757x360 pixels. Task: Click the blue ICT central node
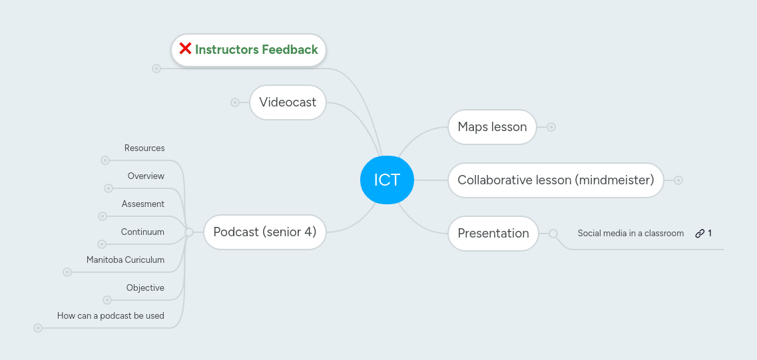pos(387,180)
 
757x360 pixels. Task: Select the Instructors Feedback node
pos(256,50)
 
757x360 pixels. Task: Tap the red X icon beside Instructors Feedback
pos(185,49)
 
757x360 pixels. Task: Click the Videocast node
pos(288,102)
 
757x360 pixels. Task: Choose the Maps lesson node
pos(492,127)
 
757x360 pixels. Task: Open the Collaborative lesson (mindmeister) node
pos(555,180)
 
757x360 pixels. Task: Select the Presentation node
pos(493,234)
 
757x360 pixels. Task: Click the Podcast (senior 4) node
pos(264,232)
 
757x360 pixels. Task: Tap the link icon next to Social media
pos(700,234)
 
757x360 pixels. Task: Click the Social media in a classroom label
pos(631,234)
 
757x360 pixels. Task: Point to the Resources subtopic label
pos(144,148)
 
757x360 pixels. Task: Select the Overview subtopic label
pos(146,176)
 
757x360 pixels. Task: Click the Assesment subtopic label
pos(143,204)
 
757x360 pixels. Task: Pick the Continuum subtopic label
pos(142,232)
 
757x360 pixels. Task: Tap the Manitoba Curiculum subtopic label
pos(125,260)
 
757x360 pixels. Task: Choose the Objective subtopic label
pos(145,288)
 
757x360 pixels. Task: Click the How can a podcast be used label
pos(111,316)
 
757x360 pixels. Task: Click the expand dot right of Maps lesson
pos(551,127)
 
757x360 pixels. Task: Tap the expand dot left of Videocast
pos(235,102)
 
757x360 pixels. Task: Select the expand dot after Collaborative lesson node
pos(678,180)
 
